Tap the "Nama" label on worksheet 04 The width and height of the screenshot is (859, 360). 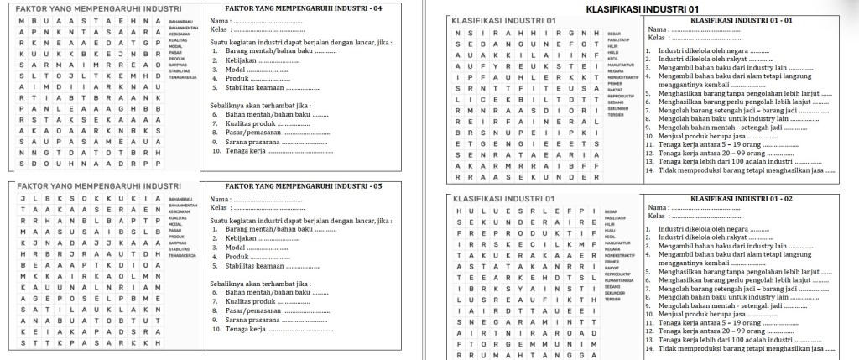coord(219,19)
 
